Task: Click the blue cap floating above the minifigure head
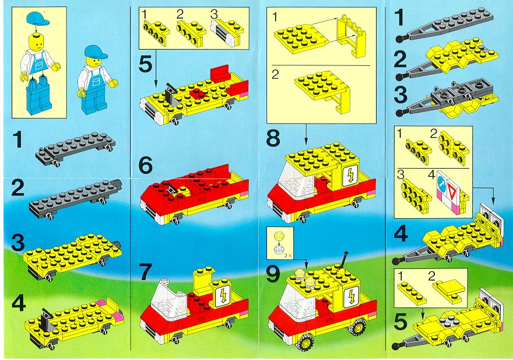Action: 37,18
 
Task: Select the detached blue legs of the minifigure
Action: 38,95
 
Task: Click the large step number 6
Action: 145,166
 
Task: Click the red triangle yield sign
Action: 452,190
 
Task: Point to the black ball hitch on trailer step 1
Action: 400,39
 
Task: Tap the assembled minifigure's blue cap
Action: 96,53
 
